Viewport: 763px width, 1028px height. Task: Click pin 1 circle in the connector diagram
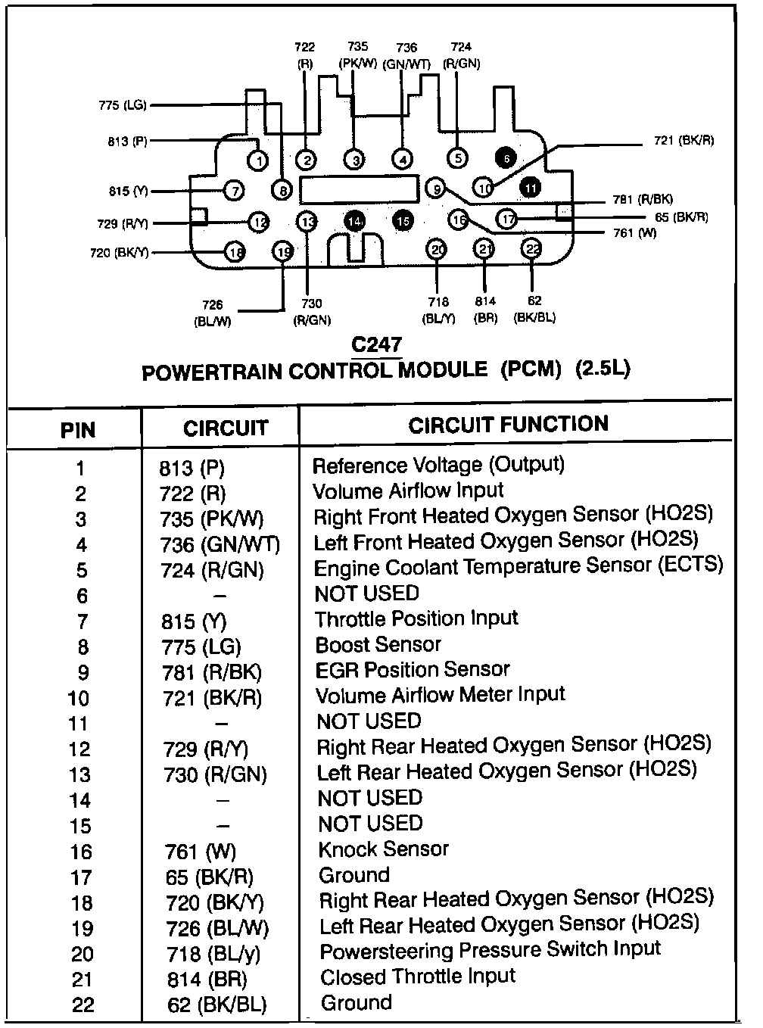[259, 160]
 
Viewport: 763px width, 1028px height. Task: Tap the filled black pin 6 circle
[505, 158]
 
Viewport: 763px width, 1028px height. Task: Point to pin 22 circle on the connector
[532, 248]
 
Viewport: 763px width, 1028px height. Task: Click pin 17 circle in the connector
[508, 220]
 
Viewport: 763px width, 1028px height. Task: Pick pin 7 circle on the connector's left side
[235, 190]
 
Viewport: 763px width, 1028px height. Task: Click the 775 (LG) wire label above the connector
[123, 105]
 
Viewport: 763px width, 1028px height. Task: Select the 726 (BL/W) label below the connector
[213, 313]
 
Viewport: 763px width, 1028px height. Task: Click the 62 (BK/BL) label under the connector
[535, 310]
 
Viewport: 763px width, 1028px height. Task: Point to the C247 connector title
[377, 345]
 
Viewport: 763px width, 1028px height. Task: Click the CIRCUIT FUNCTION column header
[508, 424]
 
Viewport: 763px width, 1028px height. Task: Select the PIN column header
[78, 430]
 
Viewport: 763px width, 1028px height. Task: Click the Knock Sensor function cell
[383, 849]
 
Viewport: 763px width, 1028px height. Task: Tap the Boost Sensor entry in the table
[378, 645]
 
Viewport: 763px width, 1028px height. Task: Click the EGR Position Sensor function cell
[413, 671]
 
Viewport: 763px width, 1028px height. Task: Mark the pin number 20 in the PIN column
[81, 955]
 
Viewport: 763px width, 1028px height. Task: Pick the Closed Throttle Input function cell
[417, 977]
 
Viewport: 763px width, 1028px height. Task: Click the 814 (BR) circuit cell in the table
[207, 980]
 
